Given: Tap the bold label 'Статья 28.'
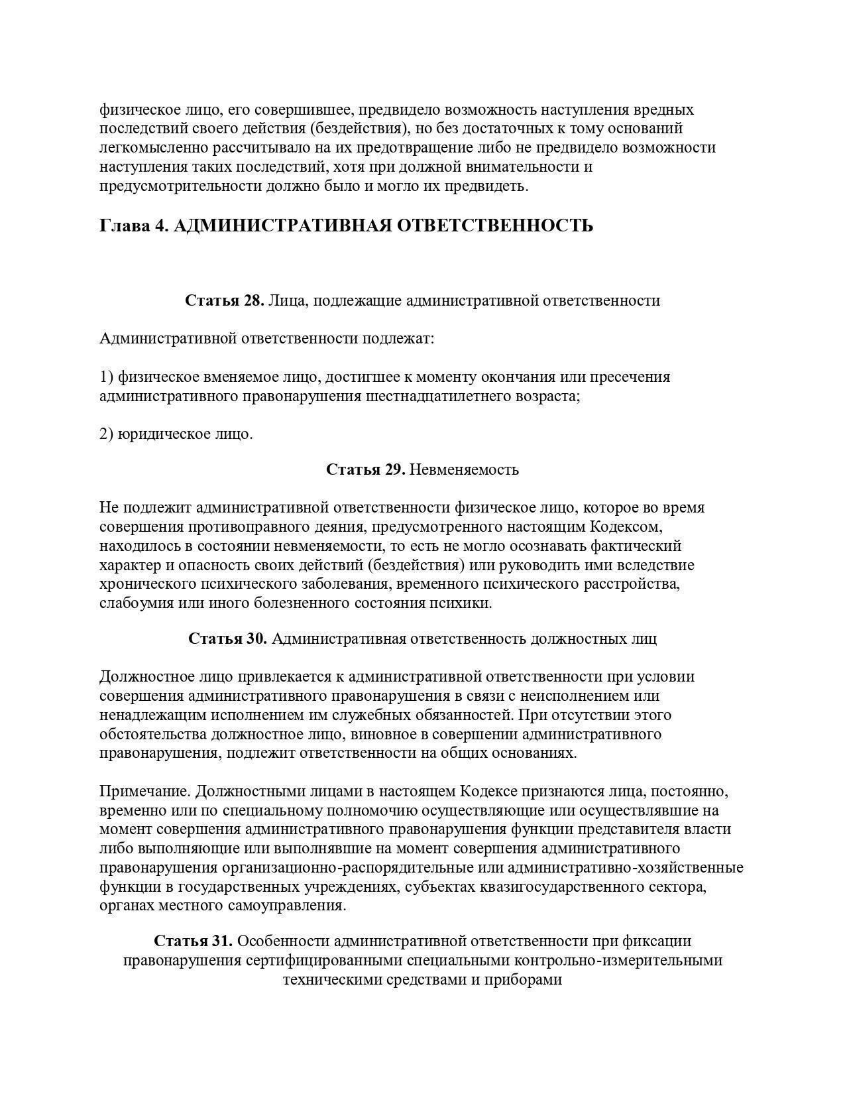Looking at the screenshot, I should click(225, 300).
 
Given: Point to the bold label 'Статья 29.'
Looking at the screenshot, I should click(365, 469).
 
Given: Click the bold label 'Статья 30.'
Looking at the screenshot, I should click(227, 638).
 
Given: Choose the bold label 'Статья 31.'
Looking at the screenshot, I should click(193, 941).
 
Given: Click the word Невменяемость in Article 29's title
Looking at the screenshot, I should click(464, 469).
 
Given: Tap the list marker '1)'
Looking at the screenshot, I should click(107, 377).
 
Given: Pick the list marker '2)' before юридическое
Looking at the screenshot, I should click(107, 435).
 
